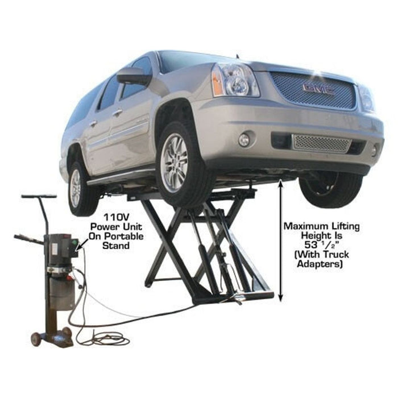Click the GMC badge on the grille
point(318,88)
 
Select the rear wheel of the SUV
point(77,186)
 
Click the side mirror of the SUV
point(133,76)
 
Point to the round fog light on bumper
point(244,139)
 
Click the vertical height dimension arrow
point(280,239)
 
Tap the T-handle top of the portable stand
point(39,197)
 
